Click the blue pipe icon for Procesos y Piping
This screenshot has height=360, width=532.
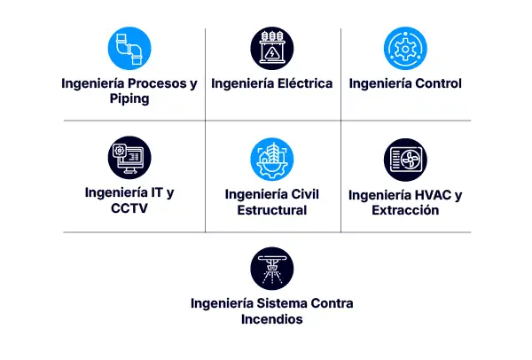pyautogui.click(x=129, y=49)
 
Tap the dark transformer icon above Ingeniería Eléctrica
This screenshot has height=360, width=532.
pyautogui.click(x=271, y=49)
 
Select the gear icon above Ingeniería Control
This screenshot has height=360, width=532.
pyautogui.click(x=405, y=49)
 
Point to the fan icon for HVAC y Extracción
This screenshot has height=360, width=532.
pyautogui.click(x=405, y=160)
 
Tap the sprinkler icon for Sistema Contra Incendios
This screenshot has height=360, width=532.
pyautogui.click(x=271, y=268)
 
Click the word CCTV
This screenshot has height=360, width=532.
pyautogui.click(x=129, y=208)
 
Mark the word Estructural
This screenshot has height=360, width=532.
pyautogui.click(x=271, y=210)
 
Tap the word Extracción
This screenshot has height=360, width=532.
pyautogui.click(x=405, y=210)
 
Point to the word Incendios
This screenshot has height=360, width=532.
pyautogui.click(x=271, y=319)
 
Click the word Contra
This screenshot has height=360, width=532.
pyautogui.click(x=332, y=304)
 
